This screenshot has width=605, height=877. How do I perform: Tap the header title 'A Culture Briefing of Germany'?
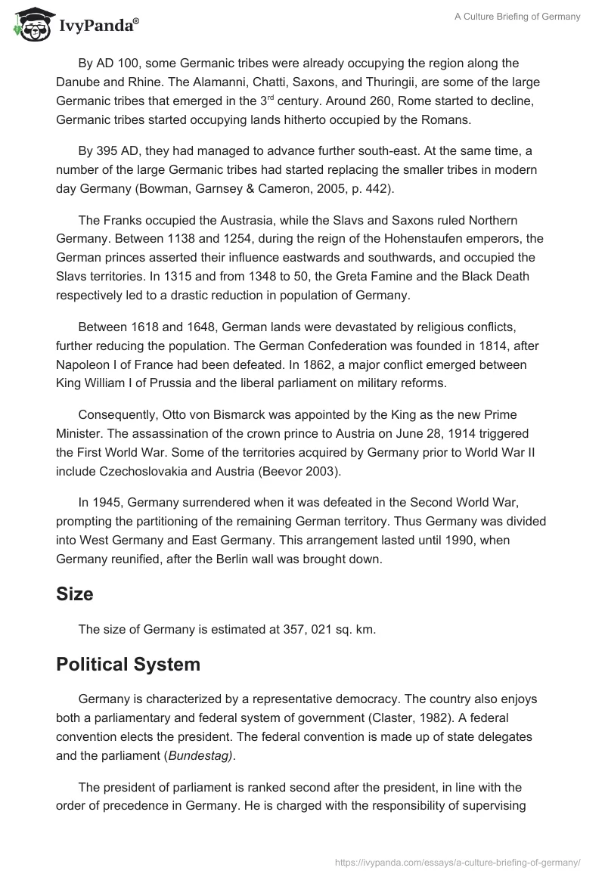[x=518, y=17]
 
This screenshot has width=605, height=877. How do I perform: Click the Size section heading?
[x=74, y=594]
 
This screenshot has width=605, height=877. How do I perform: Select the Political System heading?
[x=128, y=665]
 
